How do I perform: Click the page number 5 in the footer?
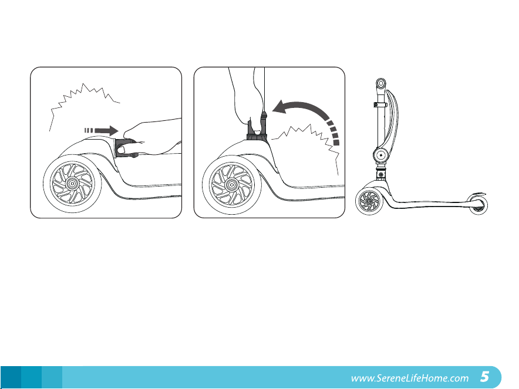click(x=484, y=377)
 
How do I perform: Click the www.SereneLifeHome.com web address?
click(x=410, y=378)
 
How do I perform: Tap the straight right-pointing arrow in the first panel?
click(x=102, y=130)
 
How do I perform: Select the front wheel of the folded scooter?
click(x=369, y=201)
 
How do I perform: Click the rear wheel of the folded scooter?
click(x=477, y=205)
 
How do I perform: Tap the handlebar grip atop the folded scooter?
click(x=381, y=84)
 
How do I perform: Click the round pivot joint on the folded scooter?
click(x=381, y=155)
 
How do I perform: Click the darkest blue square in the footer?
click(x=11, y=377)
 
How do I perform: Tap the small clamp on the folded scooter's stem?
click(x=380, y=105)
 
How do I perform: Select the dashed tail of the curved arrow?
click(x=332, y=132)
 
